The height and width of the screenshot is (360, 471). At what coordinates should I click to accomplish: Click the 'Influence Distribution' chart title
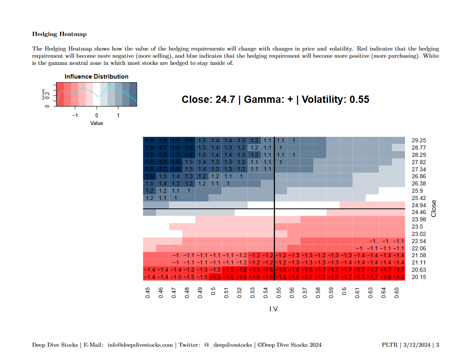pyautogui.click(x=96, y=77)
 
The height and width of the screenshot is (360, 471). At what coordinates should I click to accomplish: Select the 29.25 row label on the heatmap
pyautogui.click(x=419, y=141)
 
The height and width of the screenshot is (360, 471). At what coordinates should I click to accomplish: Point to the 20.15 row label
pyautogui.click(x=419, y=277)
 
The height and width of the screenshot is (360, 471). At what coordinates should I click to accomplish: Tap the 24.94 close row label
pyautogui.click(x=419, y=205)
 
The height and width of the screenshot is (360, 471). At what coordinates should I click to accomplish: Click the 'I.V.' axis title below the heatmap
pyautogui.click(x=274, y=309)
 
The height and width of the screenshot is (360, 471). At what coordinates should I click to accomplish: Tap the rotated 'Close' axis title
pyautogui.click(x=434, y=208)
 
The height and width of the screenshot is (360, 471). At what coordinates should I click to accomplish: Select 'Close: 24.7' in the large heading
pyautogui.click(x=208, y=100)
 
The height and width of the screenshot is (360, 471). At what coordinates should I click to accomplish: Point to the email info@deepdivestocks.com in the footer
pyautogui.click(x=140, y=345)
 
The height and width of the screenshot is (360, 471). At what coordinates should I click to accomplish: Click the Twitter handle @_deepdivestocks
pyautogui.click(x=228, y=345)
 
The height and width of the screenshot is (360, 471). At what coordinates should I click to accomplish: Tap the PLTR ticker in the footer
pyautogui.click(x=390, y=345)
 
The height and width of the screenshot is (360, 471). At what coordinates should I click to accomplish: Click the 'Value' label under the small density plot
pyautogui.click(x=96, y=123)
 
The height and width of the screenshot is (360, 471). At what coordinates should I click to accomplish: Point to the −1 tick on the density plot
pyautogui.click(x=75, y=115)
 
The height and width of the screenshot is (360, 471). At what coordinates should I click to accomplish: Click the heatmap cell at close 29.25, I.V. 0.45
pyautogui.click(x=150, y=141)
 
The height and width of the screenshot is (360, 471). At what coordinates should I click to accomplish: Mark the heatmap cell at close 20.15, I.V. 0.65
pyautogui.click(x=398, y=277)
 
